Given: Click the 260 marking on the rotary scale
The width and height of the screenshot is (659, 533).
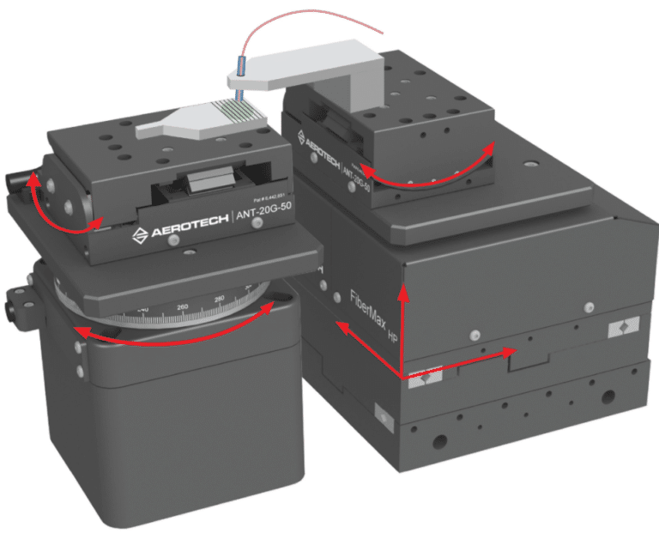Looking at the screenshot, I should [182, 306].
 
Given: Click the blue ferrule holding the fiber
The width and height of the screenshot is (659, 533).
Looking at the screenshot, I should [241, 64].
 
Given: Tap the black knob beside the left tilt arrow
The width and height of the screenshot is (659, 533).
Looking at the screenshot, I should [15, 182].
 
